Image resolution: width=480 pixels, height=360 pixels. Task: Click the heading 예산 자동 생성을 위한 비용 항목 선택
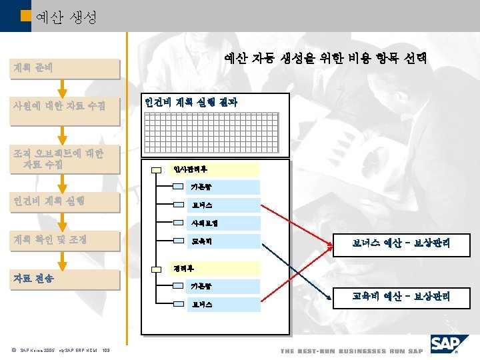tap(325, 60)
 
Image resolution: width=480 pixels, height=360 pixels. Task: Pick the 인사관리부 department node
tap(200, 169)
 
